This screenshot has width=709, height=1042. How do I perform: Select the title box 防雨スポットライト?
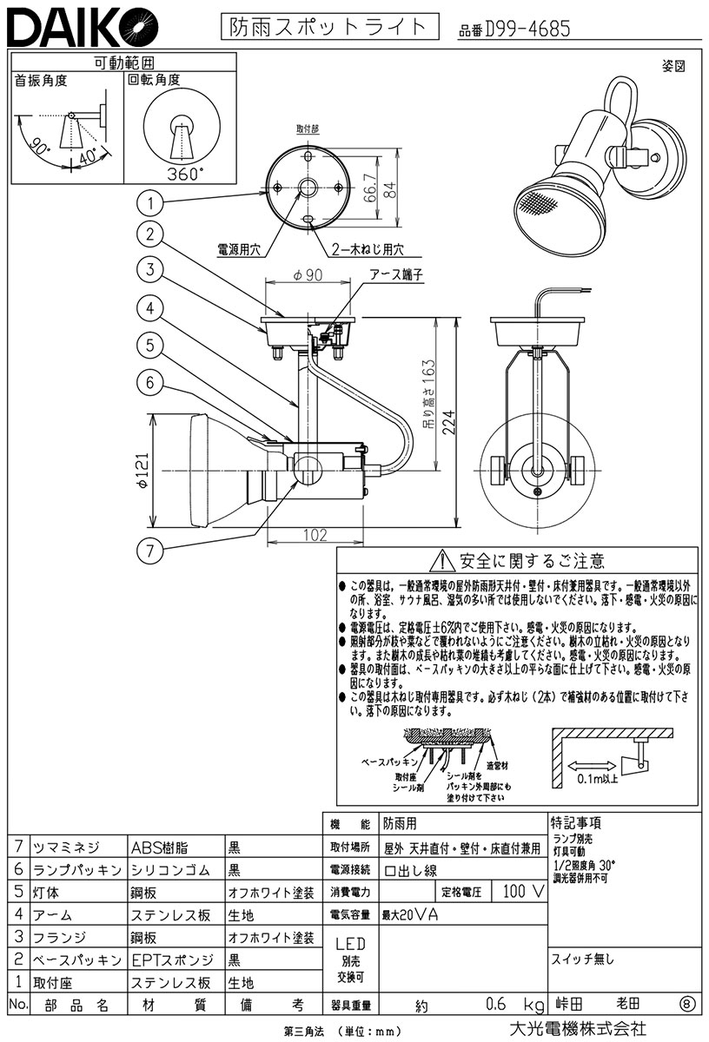click(x=328, y=27)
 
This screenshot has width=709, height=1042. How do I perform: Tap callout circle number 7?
click(x=150, y=549)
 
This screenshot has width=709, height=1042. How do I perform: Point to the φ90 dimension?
click(x=308, y=275)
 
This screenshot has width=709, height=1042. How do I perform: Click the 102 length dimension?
click(x=315, y=536)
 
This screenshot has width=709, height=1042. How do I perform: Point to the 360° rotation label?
click(x=182, y=174)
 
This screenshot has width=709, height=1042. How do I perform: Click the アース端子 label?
click(x=395, y=274)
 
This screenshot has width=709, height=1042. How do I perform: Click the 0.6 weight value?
click(x=497, y=1006)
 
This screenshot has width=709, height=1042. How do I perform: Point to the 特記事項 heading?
click(x=576, y=822)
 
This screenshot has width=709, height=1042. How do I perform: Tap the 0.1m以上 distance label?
click(x=598, y=779)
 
